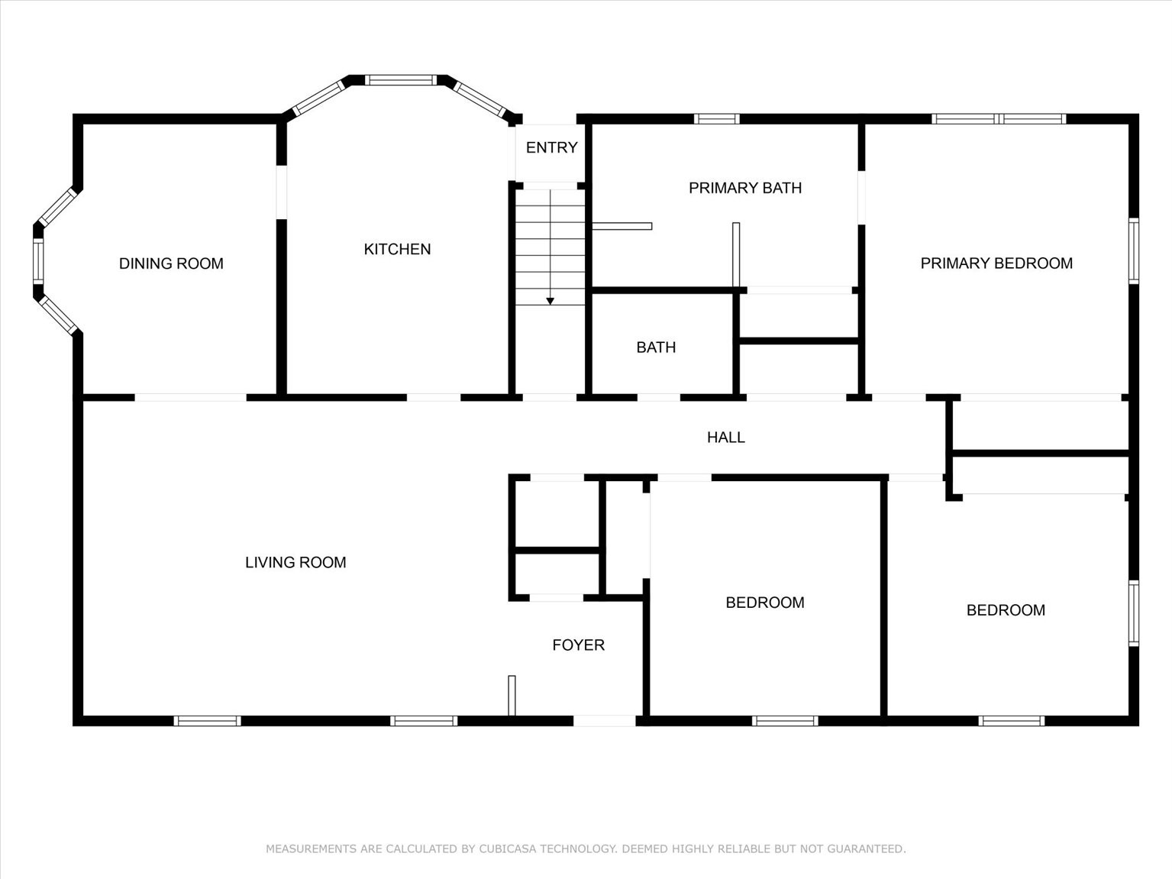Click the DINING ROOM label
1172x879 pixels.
[171, 263]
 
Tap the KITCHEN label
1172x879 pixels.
[397, 249]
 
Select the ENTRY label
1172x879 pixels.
[551, 147]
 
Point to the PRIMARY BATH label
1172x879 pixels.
[744, 188]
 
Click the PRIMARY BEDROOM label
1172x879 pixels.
[996, 263]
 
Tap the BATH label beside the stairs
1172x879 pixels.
[656, 347]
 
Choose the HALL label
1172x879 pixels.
[725, 437]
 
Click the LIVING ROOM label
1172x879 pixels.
[295, 562]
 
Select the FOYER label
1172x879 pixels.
[578, 645]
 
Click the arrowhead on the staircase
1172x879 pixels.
[550, 302]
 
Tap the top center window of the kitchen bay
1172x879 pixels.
[400, 79]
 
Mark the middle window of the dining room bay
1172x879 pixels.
[38, 261]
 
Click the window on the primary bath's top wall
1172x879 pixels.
[716, 118]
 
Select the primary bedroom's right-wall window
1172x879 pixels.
[1134, 251]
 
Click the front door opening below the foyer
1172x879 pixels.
[603, 720]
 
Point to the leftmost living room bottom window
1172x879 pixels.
[207, 720]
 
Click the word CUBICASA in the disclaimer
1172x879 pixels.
[509, 848]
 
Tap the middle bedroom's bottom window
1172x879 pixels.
[784, 720]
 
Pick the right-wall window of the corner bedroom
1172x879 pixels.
[1134, 613]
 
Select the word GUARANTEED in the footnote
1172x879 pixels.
[866, 848]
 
